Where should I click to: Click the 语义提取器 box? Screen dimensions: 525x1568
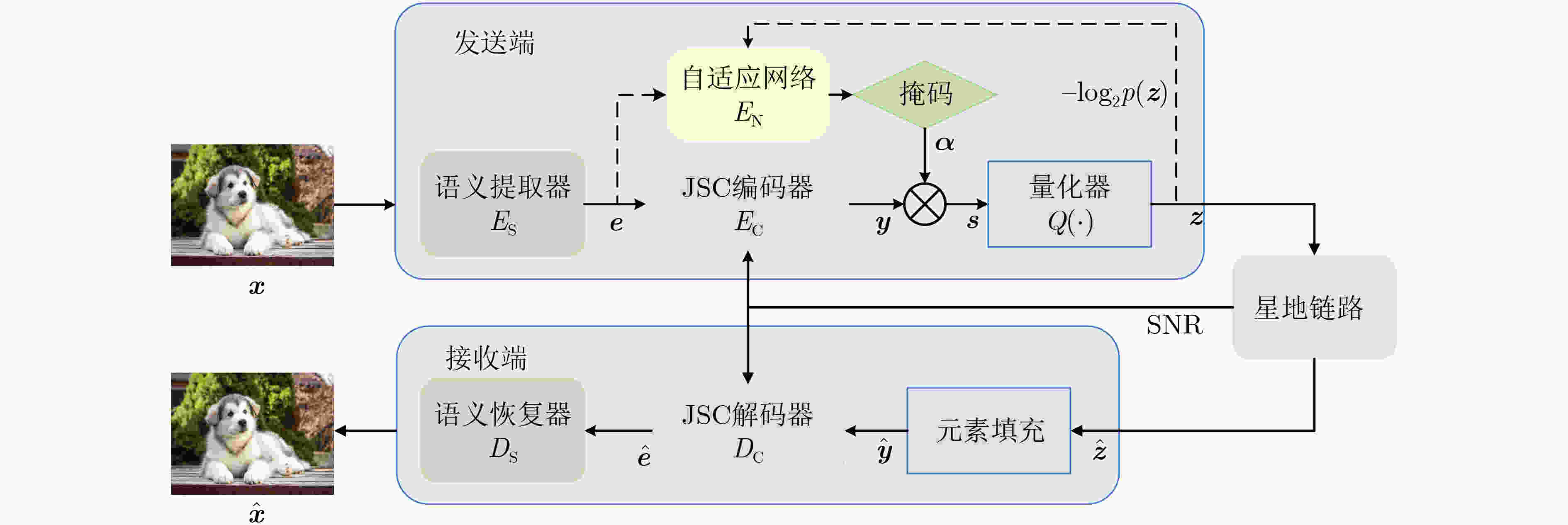tap(502, 204)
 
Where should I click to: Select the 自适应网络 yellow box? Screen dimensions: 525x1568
tap(748, 95)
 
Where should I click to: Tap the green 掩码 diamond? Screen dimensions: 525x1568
tap(925, 94)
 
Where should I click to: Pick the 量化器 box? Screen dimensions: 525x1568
tap(1069, 204)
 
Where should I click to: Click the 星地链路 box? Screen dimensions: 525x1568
tap(1314, 307)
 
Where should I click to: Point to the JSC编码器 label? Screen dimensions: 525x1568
tap(747, 188)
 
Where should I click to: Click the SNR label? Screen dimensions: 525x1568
tap(1174, 325)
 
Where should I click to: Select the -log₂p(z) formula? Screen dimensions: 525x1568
tap(1114, 94)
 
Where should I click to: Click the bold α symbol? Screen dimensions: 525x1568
tap(945, 143)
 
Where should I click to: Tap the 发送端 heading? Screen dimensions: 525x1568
tap(494, 43)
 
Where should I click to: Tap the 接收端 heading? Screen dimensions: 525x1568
tap(486, 358)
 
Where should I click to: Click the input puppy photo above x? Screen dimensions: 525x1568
tap(252, 205)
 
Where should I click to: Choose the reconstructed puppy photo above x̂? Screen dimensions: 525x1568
tap(252, 433)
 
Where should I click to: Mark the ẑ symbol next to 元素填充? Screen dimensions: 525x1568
tap(1099, 451)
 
